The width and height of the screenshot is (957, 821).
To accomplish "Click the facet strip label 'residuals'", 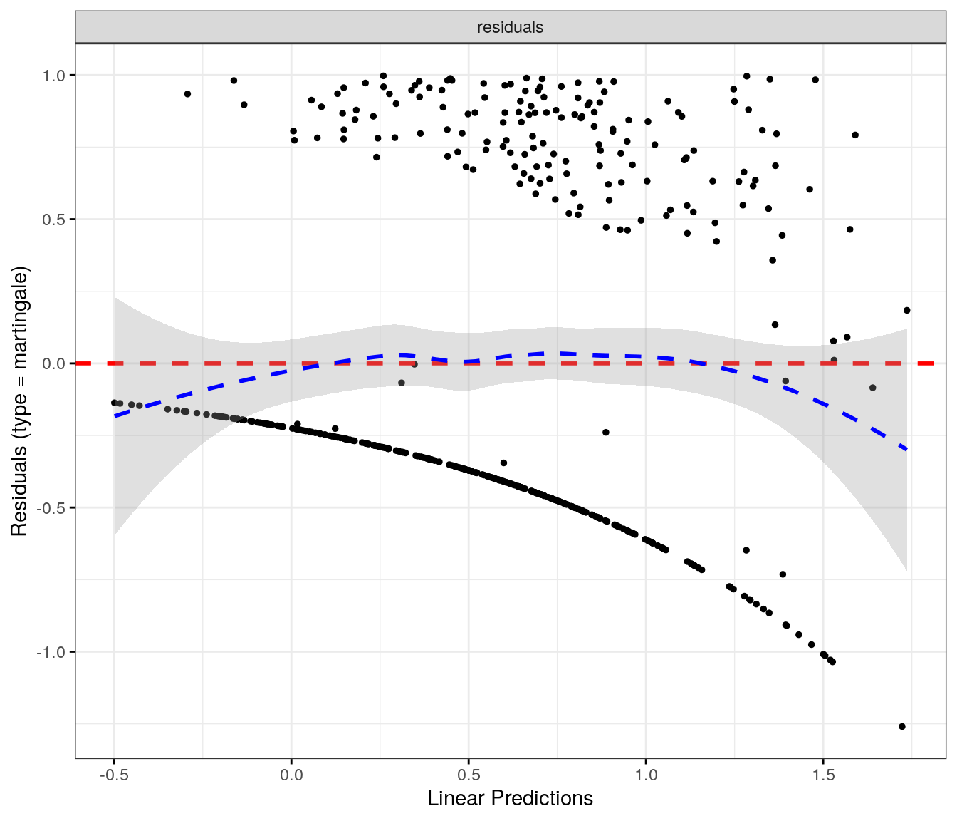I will coord(510,27).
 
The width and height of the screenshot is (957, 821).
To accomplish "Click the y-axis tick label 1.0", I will coord(55,75).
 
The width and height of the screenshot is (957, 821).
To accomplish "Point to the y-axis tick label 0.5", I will coord(55,220).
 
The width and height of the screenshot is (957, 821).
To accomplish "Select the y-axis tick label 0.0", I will coord(55,363).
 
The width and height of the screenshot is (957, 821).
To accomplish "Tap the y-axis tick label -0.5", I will coord(53,507).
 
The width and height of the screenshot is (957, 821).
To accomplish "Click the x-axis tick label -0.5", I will coord(114,774).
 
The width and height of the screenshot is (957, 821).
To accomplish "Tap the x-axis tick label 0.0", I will coord(291,774).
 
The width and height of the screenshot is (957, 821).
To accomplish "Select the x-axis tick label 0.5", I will coord(469,774).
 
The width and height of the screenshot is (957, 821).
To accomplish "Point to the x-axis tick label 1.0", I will coord(646,774).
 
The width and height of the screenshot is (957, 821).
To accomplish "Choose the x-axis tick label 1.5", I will coord(823,774).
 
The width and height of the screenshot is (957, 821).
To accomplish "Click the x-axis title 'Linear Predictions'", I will coord(510,798).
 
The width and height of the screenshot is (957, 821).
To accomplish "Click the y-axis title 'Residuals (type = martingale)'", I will coord(19,401).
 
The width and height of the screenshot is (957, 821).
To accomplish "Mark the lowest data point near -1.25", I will coord(902,726).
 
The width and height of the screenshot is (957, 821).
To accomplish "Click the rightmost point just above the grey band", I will coord(906,310).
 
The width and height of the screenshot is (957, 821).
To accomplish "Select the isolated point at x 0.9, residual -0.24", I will coord(606,432).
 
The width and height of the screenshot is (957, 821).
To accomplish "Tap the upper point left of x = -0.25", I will coord(187,93).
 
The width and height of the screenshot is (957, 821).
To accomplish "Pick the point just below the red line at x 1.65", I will coord(872,388).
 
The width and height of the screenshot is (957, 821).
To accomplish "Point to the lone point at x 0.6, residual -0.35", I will coord(503,463).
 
